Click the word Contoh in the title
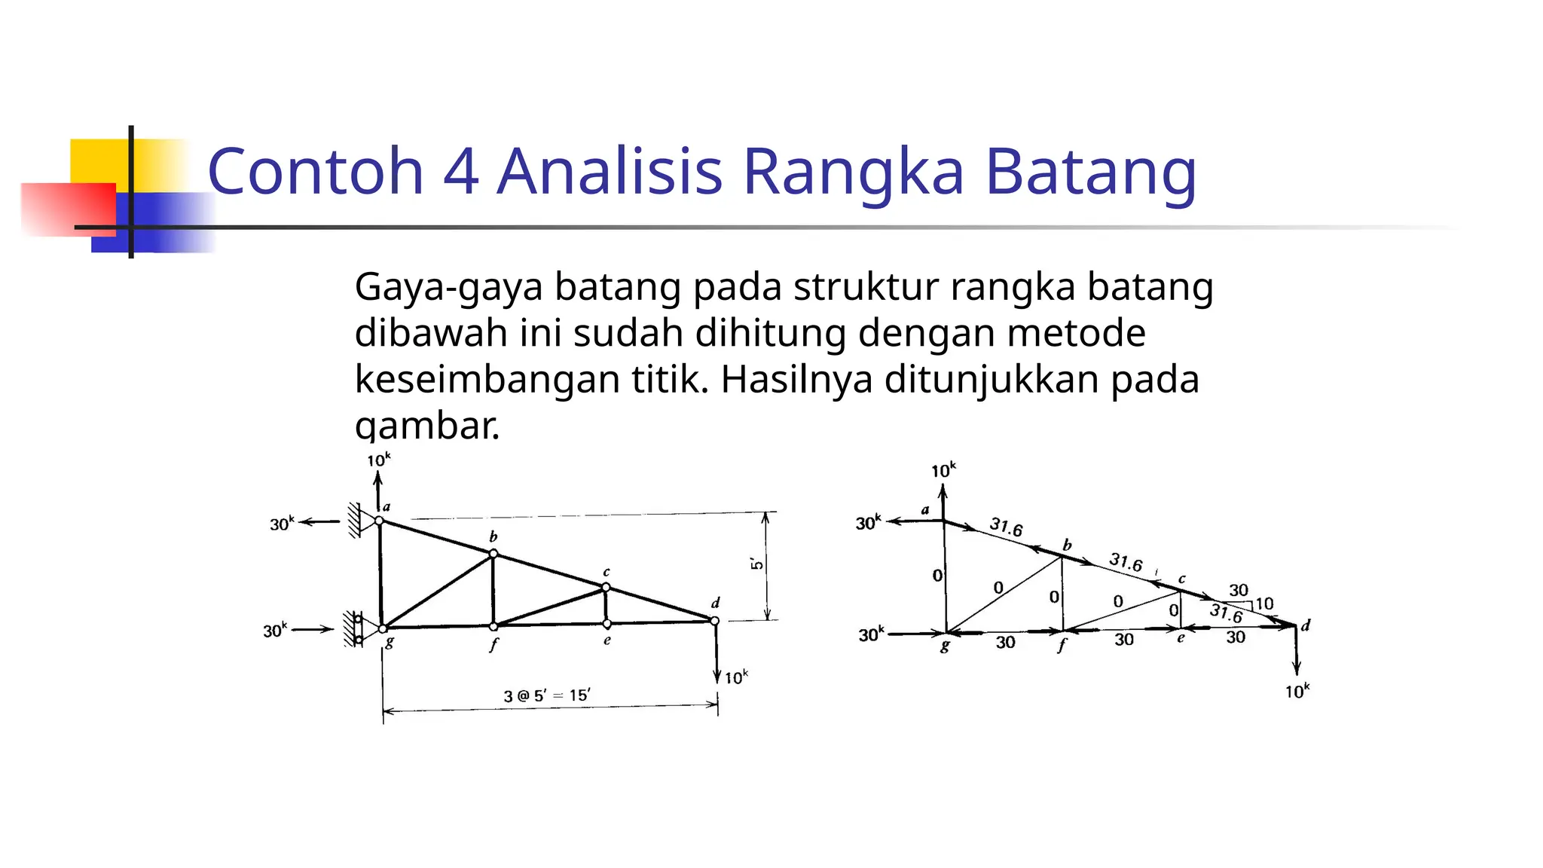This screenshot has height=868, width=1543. point(316,172)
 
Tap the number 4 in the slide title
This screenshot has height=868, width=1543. point(460,172)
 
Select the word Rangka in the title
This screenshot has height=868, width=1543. point(853,173)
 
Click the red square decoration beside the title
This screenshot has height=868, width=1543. point(68,209)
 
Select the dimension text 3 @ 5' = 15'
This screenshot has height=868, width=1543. point(547,695)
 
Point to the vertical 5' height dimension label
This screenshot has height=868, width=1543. point(756,564)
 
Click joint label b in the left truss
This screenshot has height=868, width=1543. point(493,536)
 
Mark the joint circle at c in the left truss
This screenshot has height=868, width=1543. point(606,587)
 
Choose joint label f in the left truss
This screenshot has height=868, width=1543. point(493,645)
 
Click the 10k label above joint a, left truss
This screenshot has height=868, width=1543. point(379,460)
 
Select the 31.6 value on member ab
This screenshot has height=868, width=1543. point(1006,527)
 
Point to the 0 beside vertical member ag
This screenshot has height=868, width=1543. point(937,576)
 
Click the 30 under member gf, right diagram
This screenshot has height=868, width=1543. point(1005,643)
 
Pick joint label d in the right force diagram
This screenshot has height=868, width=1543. point(1306,625)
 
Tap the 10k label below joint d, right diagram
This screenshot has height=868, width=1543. point(1297,691)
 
